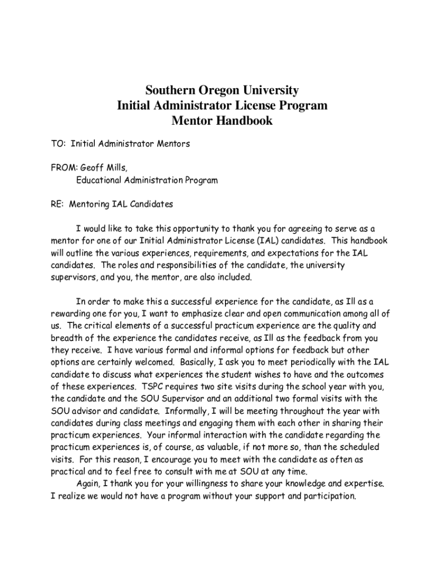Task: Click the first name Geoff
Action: coord(93,167)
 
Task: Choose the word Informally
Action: coord(189,411)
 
